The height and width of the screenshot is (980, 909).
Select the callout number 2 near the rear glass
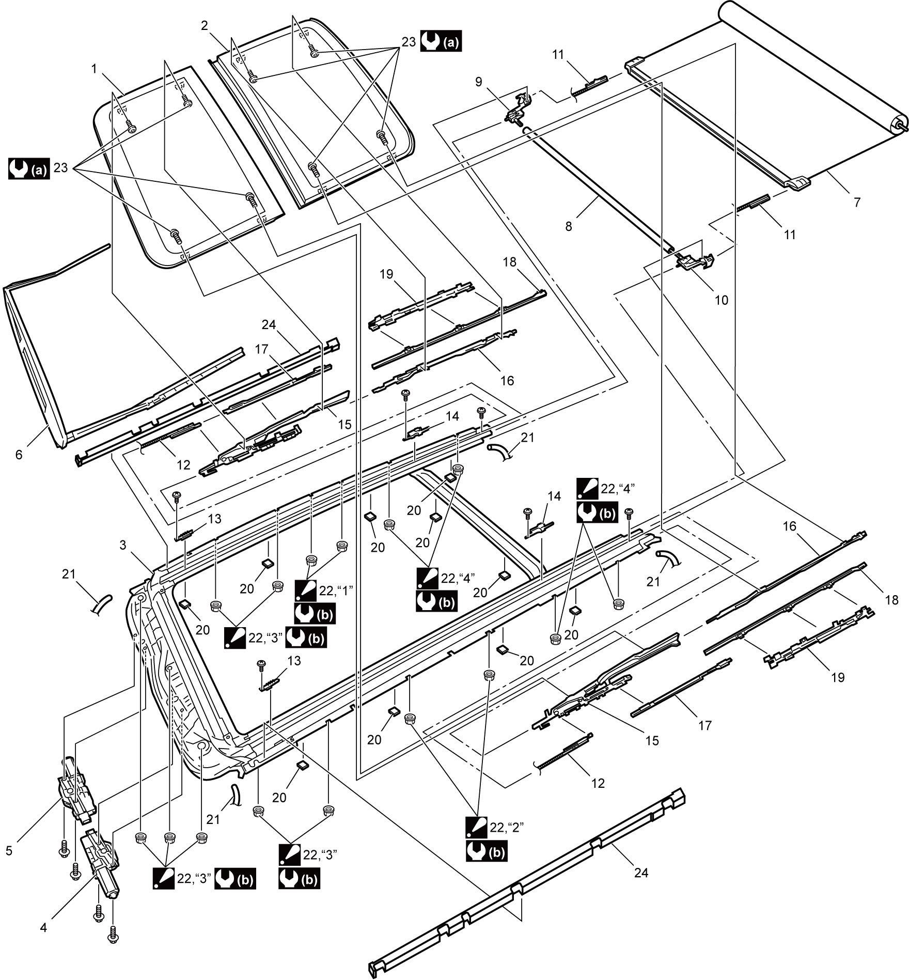click(205, 25)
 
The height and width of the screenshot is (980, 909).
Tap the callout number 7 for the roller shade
click(857, 203)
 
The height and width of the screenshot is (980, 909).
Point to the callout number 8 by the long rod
click(569, 226)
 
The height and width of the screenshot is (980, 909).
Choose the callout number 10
click(721, 300)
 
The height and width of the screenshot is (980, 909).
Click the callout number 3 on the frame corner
click(123, 545)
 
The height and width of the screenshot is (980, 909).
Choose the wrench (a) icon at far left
click(29, 169)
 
